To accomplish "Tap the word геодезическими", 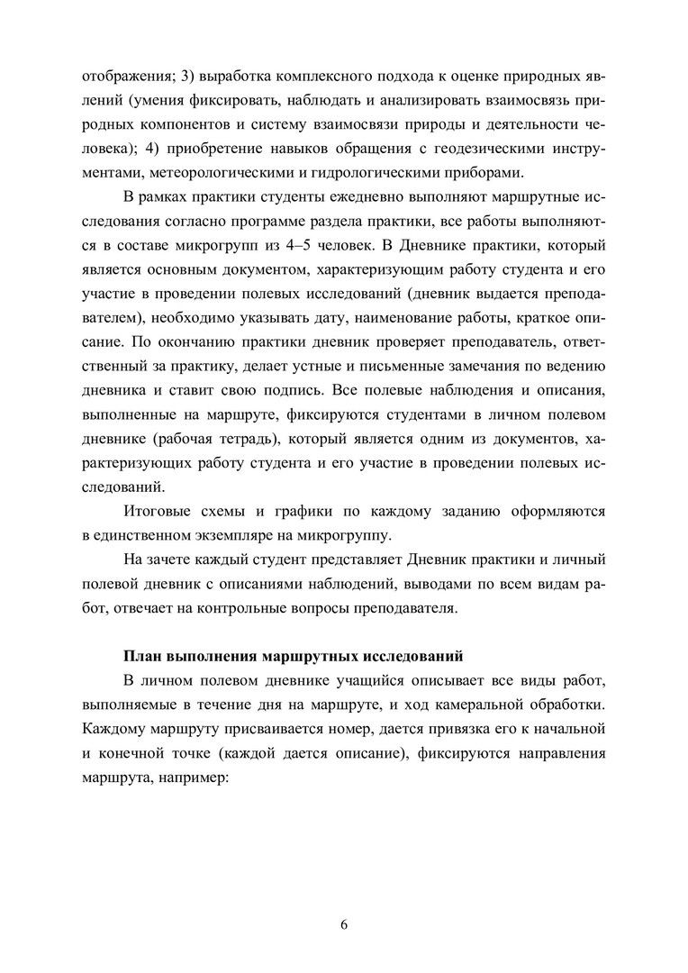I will (484, 147).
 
